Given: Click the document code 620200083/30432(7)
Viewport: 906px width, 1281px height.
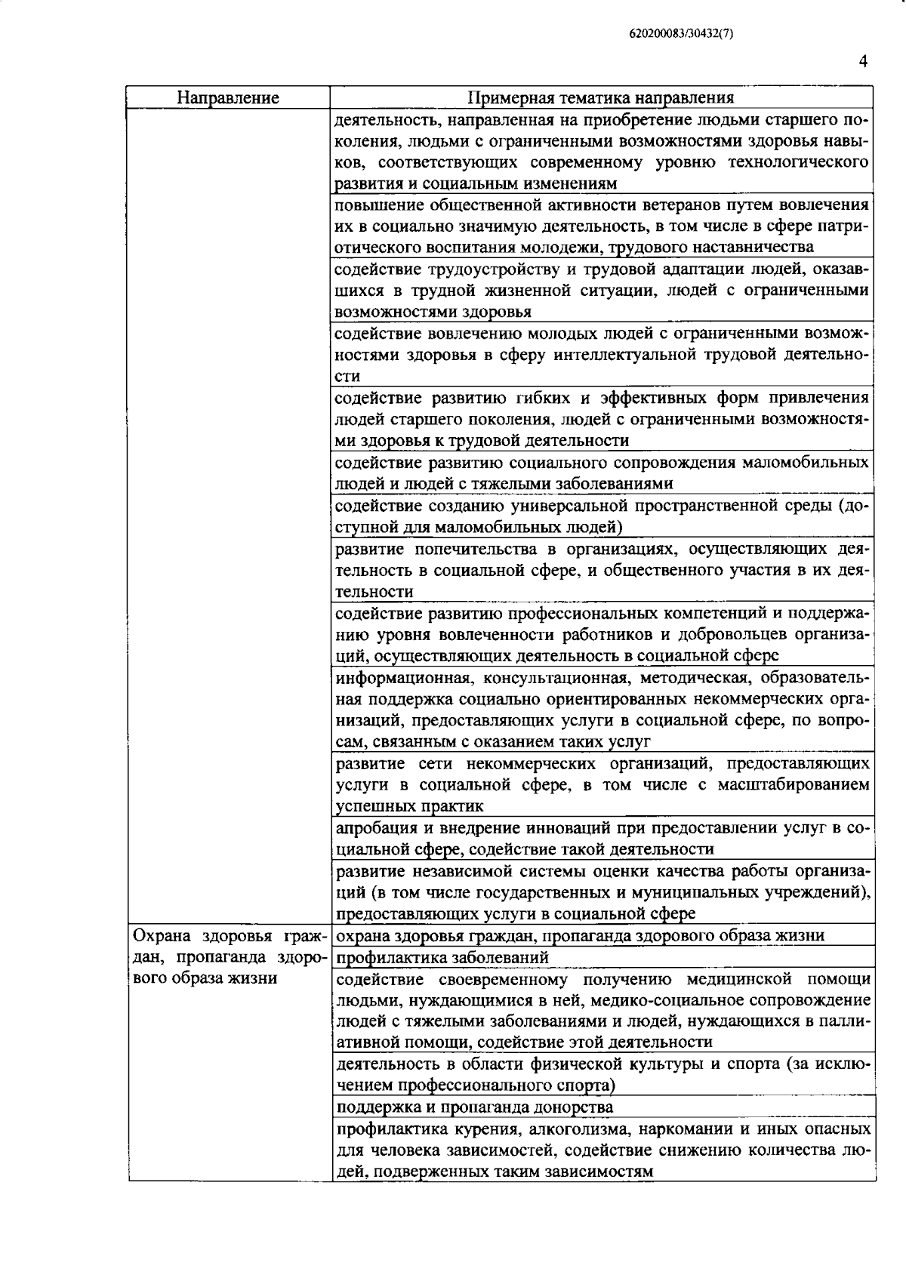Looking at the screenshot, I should pyautogui.click(x=680, y=33).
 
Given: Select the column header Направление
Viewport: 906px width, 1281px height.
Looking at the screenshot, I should pyautogui.click(x=228, y=98).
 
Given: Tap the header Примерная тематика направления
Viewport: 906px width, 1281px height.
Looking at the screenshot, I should pyautogui.click(x=601, y=98).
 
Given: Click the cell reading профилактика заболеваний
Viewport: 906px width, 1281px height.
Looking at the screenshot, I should pyautogui.click(x=442, y=957).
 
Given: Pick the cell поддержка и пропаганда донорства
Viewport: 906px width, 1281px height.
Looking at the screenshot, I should pyautogui.click(x=473, y=1107).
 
